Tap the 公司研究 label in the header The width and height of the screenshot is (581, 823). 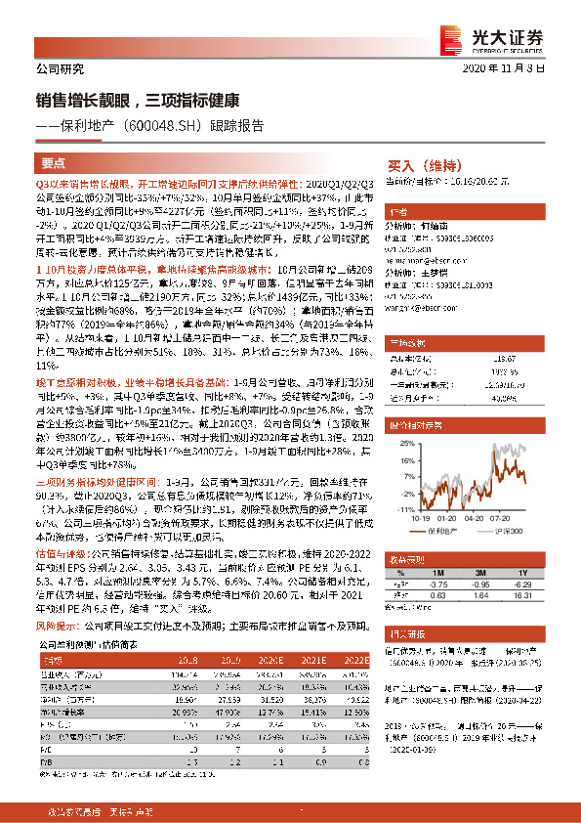[60, 69]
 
